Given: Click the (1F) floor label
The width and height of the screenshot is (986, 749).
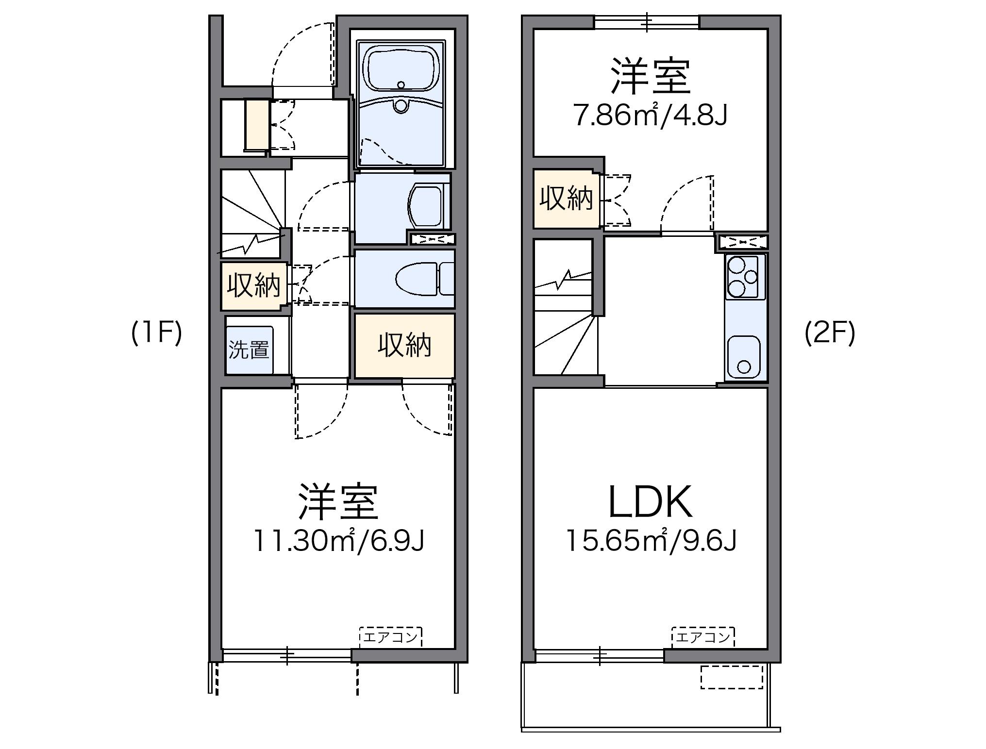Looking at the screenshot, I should coord(156,334).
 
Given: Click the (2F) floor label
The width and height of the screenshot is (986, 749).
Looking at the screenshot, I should coord(830,334).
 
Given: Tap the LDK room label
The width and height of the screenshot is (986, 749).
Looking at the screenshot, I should coord(650,503).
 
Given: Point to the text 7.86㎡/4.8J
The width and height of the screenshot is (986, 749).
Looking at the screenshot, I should coord(651,116).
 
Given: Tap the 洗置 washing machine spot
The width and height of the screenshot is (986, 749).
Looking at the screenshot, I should coord(249,350).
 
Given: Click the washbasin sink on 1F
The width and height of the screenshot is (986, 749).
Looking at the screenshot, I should coord(426,206).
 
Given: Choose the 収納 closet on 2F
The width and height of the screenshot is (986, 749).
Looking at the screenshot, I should coord(566,199).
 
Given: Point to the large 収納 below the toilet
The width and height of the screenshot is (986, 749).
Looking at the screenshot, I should coord(404,346).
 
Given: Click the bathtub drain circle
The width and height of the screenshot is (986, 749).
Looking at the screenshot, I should coord(401,85).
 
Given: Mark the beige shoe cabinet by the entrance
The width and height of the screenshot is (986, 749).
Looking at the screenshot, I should coord(257,125).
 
